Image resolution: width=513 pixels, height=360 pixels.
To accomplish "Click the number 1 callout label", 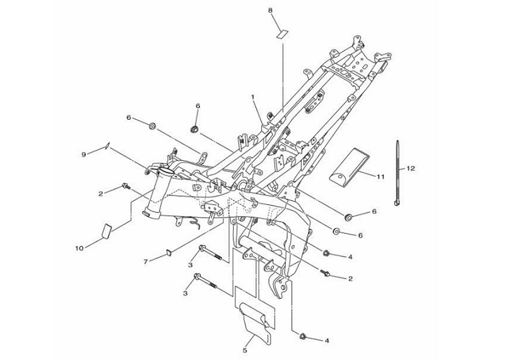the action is [252, 97].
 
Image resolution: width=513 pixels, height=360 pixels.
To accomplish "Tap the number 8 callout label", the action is [270, 11].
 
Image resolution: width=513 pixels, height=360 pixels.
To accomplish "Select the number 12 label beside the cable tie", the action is [411, 168].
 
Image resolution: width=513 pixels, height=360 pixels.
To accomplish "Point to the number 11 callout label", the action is [380, 177].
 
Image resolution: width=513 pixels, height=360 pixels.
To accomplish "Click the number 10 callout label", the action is [79, 248].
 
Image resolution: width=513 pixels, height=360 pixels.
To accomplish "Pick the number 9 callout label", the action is [84, 154].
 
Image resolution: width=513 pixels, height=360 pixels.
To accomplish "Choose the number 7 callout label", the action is [146, 261].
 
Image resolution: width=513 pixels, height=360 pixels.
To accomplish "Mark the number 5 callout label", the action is [245, 351].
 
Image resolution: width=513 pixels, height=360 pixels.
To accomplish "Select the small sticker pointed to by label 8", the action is [282, 33].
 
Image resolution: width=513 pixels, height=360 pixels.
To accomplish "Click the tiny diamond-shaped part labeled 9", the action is [107, 146].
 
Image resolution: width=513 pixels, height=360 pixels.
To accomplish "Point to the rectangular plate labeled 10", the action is [105, 231].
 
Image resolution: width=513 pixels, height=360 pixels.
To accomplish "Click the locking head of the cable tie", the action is [397, 204].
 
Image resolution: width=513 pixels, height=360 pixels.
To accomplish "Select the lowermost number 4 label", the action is [326, 340].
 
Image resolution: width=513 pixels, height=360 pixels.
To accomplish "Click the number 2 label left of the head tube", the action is [100, 194].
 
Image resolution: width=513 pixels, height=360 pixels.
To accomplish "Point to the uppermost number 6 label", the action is [198, 106].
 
